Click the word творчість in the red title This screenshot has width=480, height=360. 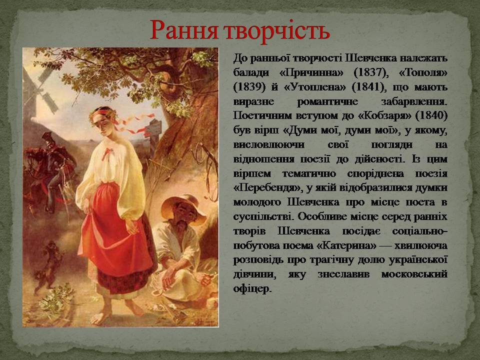pos(277,30)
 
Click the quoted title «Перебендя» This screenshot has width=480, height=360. pos(267,187)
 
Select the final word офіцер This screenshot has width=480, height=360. pos(252,288)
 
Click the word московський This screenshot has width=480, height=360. pos(414,274)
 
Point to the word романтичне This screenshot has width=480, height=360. pos(327,101)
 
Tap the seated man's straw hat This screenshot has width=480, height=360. pos(183,208)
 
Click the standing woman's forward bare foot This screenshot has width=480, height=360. pos(101,316)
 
